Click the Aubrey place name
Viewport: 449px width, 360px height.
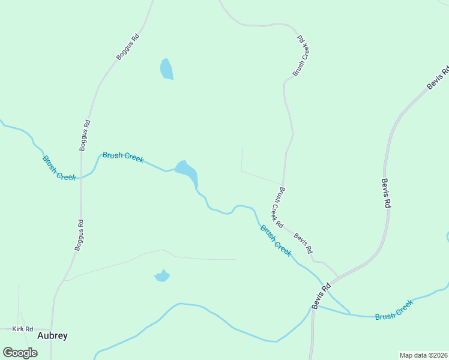52,335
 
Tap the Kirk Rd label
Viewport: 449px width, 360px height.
22,329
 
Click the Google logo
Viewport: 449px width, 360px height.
20,352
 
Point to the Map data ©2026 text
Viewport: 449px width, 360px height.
423,355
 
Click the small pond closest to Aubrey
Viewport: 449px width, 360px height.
161,276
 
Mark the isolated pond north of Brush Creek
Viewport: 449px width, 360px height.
166,69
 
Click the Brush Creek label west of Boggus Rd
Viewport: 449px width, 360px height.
59,167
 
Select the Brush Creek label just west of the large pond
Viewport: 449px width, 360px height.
123,157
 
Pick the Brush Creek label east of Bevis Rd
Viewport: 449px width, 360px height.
394,310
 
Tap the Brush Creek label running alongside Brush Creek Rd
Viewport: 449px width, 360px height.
276,240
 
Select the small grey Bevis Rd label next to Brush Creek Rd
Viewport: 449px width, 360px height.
303,242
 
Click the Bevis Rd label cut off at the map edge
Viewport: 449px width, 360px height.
438,79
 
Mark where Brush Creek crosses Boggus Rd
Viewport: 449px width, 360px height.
81,178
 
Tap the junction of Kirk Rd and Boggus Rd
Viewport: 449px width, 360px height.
52,329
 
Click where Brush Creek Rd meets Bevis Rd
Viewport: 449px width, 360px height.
336,277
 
